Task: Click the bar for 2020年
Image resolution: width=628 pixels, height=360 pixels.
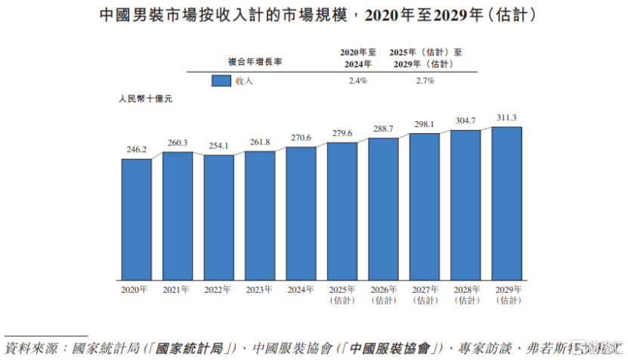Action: click(137, 219)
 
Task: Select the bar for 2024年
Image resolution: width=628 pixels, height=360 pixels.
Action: click(302, 213)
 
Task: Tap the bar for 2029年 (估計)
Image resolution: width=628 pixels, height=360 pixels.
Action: click(506, 203)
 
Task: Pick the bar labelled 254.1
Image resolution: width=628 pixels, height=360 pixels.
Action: click(219, 218)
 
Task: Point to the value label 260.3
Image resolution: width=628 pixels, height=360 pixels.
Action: click(178, 143)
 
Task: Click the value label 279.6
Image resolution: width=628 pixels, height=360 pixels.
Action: click(342, 133)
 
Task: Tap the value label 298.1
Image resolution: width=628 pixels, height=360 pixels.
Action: click(425, 124)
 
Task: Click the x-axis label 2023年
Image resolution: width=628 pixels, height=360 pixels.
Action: click(260, 290)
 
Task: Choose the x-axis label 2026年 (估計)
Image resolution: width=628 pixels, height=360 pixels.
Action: click(383, 294)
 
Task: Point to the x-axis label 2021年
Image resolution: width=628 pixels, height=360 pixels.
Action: click(178, 290)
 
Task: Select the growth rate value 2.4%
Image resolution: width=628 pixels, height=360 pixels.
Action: click(357, 81)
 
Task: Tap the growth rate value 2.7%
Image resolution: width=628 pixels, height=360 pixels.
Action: click(425, 81)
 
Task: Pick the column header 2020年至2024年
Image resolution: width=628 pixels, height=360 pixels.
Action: click(357, 57)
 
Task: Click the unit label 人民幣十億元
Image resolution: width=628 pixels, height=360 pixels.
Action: click(146, 99)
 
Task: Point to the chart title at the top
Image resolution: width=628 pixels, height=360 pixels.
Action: click(314, 14)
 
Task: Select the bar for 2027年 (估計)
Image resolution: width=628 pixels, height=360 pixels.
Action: click(425, 207)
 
